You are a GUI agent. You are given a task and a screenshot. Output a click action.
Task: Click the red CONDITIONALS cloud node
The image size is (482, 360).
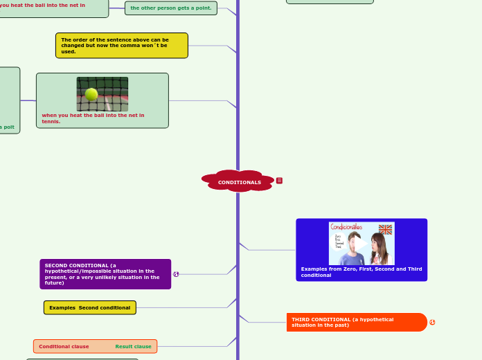239,181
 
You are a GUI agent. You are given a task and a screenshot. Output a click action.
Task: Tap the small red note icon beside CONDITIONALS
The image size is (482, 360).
279,181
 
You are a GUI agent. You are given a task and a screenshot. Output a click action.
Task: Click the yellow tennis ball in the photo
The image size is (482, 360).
91,94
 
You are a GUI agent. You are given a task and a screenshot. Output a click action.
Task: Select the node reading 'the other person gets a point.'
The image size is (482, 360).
171,8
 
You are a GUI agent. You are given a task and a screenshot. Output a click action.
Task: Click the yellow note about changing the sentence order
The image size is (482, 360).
121,45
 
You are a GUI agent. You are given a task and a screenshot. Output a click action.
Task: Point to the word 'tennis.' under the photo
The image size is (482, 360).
51,121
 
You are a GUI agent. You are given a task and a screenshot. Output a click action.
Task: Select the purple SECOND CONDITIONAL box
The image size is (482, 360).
105,274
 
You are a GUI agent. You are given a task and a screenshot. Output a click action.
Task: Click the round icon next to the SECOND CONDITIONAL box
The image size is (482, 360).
176,274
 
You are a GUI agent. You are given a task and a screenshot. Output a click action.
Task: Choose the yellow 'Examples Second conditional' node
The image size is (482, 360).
90,307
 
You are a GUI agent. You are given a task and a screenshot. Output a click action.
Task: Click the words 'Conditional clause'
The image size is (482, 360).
64,346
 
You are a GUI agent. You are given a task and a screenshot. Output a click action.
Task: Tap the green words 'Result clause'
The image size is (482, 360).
133,346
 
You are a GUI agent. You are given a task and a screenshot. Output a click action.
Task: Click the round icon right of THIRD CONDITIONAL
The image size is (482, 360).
432,322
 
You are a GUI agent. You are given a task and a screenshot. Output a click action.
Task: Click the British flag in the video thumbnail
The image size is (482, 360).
385,229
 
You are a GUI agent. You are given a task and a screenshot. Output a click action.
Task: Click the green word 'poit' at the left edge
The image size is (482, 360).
8,127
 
